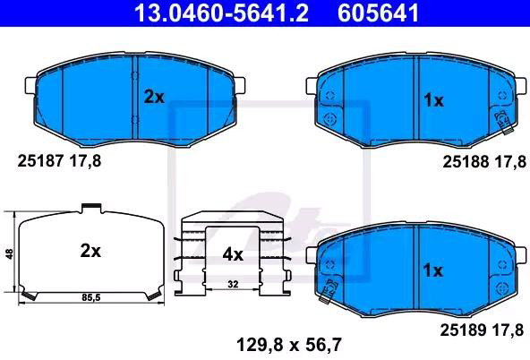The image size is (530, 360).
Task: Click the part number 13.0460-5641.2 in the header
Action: tap(221, 13)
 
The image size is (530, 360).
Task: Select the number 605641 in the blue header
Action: tap(378, 13)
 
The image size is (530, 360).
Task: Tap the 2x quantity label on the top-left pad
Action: tap(154, 98)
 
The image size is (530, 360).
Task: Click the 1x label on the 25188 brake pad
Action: tap(433, 100)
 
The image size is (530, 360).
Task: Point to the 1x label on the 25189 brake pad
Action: tap(433, 270)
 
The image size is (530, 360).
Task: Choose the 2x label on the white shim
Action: tap(90, 251)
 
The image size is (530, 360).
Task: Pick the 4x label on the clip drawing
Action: tap(233, 254)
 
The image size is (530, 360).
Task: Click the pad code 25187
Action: tap(40, 161)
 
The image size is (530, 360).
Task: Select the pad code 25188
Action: tap(466, 162)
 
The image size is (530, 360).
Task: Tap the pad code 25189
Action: tap(463, 330)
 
